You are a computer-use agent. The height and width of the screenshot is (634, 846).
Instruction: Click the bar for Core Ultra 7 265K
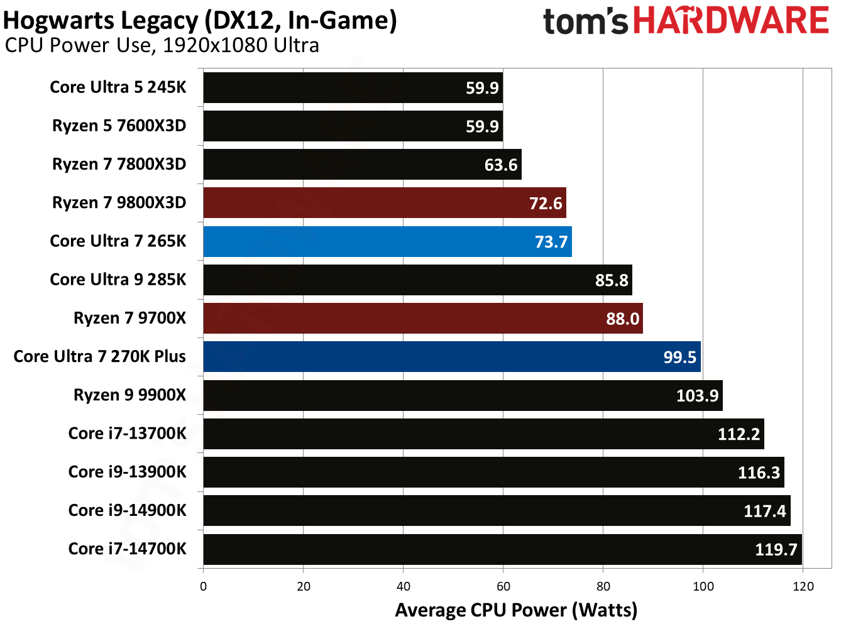click(x=387, y=241)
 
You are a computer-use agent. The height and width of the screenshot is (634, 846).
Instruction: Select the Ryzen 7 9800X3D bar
click(x=384, y=203)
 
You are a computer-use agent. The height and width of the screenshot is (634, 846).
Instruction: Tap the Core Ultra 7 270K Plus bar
click(x=451, y=357)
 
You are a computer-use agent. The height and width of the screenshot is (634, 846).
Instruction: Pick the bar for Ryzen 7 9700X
click(x=422, y=319)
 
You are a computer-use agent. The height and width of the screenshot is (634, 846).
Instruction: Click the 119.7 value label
click(x=776, y=550)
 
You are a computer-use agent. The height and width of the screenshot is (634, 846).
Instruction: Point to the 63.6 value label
click(x=500, y=165)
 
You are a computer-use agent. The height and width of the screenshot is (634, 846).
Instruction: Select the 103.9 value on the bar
click(x=697, y=396)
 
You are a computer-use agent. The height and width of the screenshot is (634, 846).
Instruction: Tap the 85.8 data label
click(x=612, y=280)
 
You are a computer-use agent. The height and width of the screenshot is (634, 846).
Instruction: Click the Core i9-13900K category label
click(x=127, y=472)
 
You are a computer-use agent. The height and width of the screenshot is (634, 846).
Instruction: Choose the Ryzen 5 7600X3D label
click(x=119, y=126)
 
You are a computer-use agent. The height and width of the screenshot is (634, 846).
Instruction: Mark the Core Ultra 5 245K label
click(x=118, y=87)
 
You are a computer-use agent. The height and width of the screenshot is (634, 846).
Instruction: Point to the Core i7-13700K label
click(x=127, y=434)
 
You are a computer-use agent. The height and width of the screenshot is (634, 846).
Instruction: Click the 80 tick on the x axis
click(x=603, y=587)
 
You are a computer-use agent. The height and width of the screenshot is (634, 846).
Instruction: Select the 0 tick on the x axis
click(x=203, y=587)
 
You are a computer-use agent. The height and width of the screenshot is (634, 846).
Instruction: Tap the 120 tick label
click(x=803, y=587)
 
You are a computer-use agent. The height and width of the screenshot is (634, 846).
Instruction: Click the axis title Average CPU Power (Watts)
click(x=516, y=610)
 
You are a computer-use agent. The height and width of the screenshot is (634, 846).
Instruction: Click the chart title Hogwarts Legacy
click(x=200, y=21)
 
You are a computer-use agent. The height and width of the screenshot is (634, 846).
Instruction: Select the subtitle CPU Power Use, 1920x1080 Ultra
click(x=162, y=46)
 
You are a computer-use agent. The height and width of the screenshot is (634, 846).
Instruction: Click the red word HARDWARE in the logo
click(x=730, y=21)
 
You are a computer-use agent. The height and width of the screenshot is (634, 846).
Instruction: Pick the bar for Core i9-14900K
click(x=497, y=511)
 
